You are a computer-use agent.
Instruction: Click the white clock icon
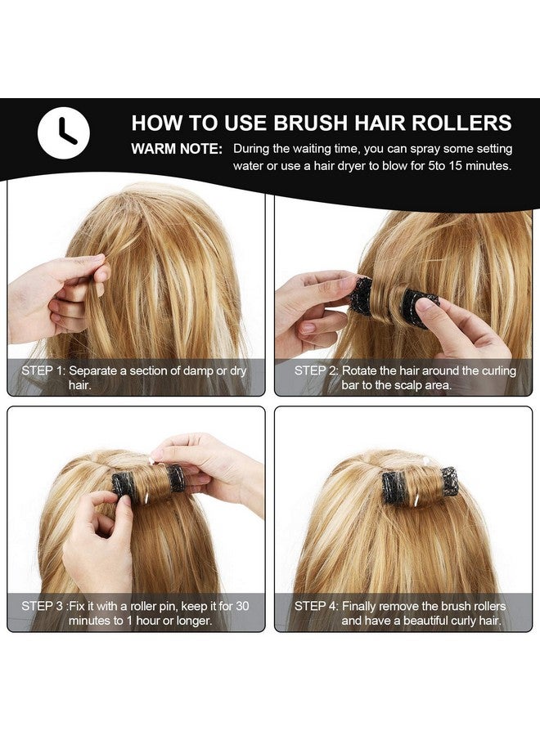click(x=64, y=132)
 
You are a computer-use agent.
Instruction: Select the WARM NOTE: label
click(x=176, y=150)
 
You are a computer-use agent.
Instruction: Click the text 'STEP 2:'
click(x=317, y=370)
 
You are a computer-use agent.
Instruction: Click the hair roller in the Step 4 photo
click(x=419, y=487)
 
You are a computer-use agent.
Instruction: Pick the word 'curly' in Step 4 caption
click(x=470, y=621)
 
